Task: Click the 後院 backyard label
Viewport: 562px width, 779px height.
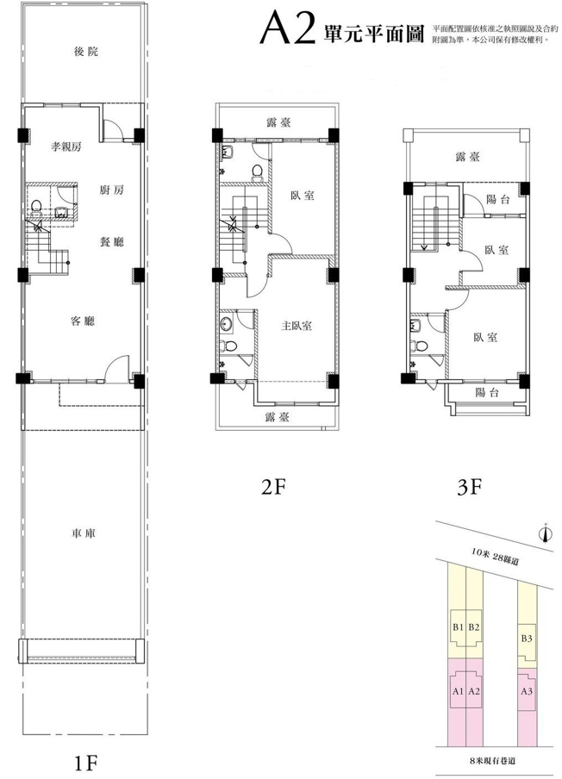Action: tap(86, 51)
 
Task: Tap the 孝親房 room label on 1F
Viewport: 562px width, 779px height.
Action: tap(66, 146)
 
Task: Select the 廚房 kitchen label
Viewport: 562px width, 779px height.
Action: tap(111, 190)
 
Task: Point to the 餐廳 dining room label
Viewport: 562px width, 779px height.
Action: tap(111, 242)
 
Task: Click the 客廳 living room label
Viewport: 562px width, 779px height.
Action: tap(83, 321)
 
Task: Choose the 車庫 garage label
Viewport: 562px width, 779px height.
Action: tap(83, 533)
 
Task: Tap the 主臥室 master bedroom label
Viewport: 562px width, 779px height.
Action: tap(297, 326)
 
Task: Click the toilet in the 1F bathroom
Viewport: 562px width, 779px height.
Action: tap(36, 206)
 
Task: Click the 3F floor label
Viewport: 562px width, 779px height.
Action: tap(469, 488)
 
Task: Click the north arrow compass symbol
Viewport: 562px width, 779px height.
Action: tap(545, 533)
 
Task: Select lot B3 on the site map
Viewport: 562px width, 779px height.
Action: tap(527, 639)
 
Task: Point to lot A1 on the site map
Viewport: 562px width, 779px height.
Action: tap(458, 691)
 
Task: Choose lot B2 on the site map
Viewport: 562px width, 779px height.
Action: tap(473, 627)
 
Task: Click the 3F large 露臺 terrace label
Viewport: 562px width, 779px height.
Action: tap(467, 157)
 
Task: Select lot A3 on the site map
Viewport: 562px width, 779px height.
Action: tap(527, 691)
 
